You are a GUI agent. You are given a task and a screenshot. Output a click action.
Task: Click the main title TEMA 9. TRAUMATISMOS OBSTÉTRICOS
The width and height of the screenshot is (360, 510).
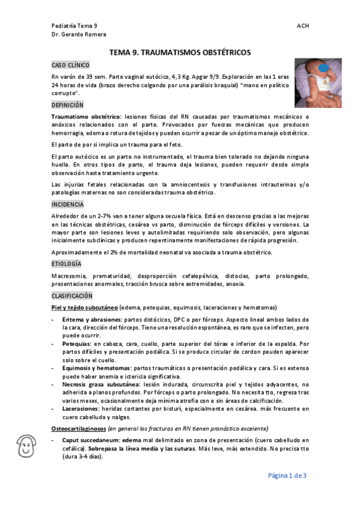point(180,53)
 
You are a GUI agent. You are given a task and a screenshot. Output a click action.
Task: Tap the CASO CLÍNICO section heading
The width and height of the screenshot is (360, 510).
point(70,64)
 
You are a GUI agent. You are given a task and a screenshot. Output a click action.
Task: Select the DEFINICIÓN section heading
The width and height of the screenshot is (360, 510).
point(67,105)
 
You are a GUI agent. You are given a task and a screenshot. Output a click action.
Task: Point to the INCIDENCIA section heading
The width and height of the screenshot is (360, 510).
point(68,204)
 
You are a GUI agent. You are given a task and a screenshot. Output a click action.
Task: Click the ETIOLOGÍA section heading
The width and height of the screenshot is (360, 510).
point(67,263)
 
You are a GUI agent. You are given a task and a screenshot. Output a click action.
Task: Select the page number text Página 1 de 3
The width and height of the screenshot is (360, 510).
point(287,476)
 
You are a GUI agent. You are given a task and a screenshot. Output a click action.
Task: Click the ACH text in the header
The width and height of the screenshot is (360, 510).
point(303,26)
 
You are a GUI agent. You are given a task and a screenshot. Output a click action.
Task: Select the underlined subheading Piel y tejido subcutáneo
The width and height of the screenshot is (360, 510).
point(85,307)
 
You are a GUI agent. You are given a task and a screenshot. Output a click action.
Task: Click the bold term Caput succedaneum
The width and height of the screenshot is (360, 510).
point(90,440)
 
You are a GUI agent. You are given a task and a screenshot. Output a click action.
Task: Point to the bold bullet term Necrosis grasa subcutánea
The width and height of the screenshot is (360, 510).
point(100,382)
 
